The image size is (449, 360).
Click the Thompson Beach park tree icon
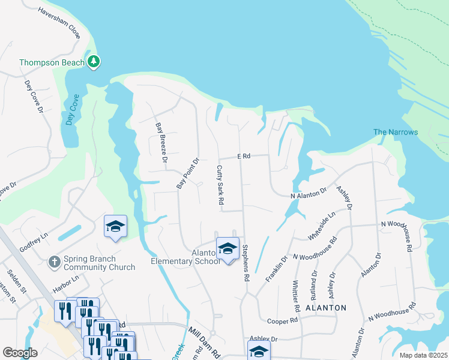tap(94, 61)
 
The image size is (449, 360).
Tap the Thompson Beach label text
tap(52, 62)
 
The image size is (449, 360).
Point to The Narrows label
tap(395, 132)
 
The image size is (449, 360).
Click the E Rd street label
tap(243, 156)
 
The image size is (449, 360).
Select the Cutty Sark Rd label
tap(220, 184)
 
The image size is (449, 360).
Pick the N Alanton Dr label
tap(308, 196)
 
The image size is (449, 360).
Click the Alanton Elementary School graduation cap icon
tap(228, 248)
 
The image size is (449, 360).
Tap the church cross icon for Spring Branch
tap(54, 262)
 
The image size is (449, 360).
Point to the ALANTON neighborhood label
tap(326, 308)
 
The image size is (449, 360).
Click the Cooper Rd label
tap(283, 321)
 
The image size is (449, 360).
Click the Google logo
tap(20, 353)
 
